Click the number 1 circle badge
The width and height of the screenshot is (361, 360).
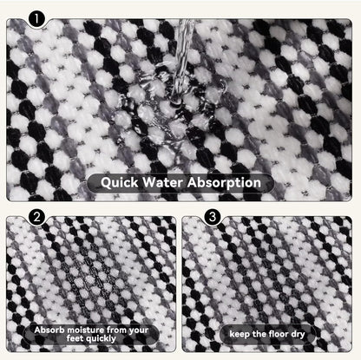click(x=36, y=17)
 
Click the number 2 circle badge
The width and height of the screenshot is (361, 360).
click(x=36, y=218)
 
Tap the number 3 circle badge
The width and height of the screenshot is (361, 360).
click(x=211, y=218)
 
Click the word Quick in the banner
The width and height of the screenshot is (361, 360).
click(x=121, y=183)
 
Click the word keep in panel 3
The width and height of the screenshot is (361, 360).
click(x=240, y=333)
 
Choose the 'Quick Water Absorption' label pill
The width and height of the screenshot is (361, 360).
click(x=180, y=183)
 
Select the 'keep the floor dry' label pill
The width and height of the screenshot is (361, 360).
click(x=271, y=333)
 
